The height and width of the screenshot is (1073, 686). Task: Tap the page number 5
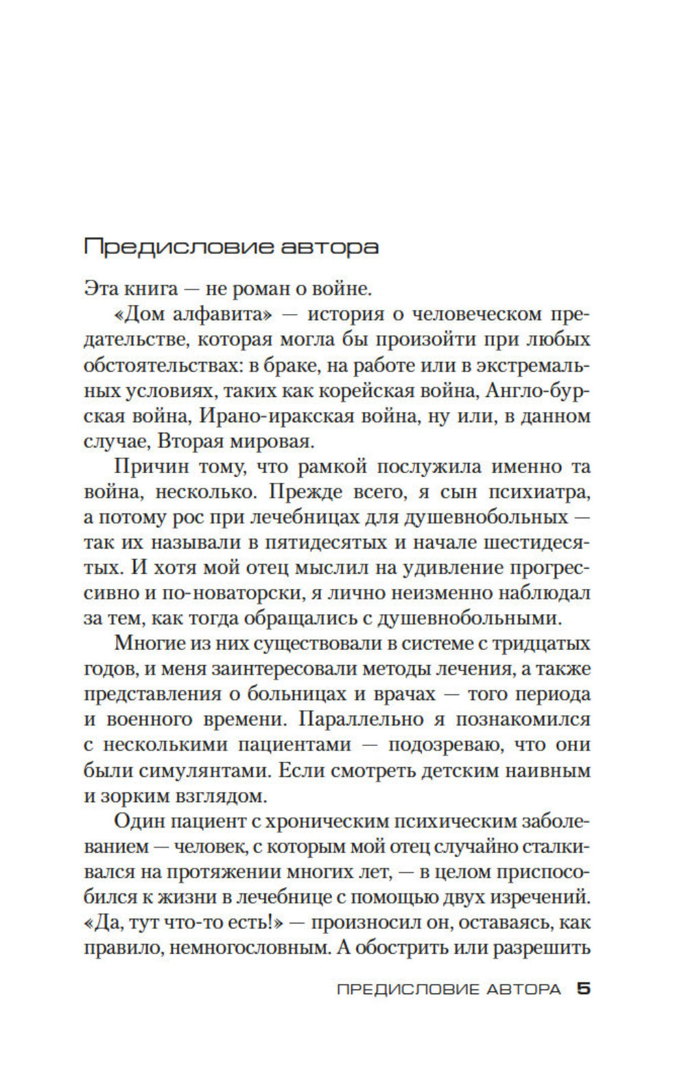click(x=584, y=989)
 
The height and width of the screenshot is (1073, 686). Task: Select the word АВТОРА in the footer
click(x=523, y=989)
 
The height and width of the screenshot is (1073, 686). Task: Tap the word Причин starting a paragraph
click(x=150, y=467)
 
